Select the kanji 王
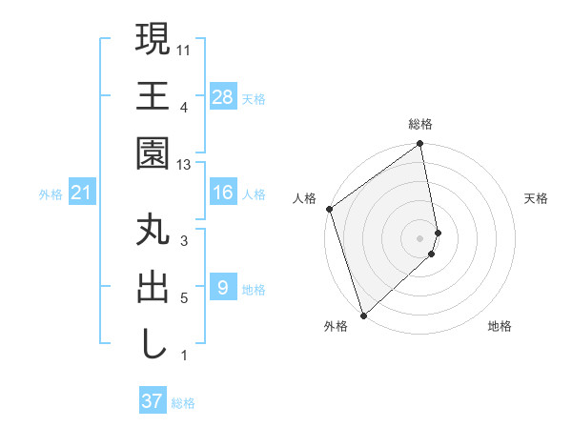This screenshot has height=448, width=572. (x=153, y=95)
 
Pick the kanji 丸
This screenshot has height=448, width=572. (x=153, y=231)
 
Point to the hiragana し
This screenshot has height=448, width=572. (x=153, y=343)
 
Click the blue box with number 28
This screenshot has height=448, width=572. (x=223, y=97)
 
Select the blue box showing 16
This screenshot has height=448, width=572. (x=222, y=193)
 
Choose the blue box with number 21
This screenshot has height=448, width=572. (x=81, y=193)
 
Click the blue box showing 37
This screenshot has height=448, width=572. (x=153, y=401)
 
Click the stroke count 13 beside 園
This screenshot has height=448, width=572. (x=185, y=165)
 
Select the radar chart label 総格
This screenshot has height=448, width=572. (x=420, y=124)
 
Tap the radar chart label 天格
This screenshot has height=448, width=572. (x=537, y=198)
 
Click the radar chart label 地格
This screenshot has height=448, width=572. (x=500, y=327)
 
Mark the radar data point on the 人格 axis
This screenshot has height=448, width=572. (x=329, y=209)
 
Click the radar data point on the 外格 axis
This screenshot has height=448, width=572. (x=363, y=315)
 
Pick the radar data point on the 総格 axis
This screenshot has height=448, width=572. (x=420, y=145)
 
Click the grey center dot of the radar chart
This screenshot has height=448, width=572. (x=420, y=237)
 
